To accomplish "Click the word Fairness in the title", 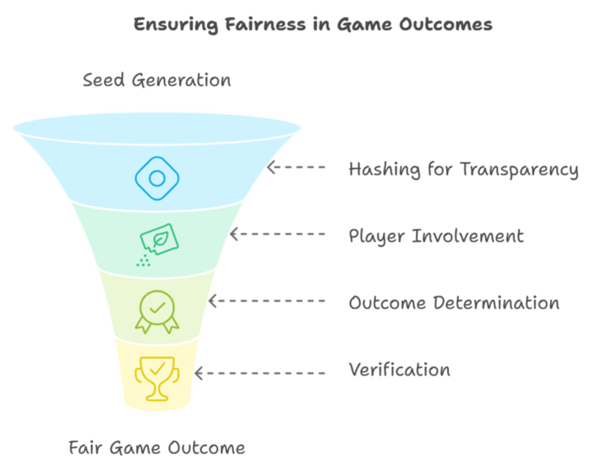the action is tap(265, 24).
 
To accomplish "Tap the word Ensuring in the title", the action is tap(176, 25).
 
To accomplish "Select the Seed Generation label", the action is tap(157, 80).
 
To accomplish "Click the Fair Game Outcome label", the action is tap(157, 447).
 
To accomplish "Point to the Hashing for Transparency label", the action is tap(464, 170).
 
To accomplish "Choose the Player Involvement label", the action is tap(436, 236).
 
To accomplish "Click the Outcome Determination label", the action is tap(454, 302).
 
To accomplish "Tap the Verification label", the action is tap(399, 369).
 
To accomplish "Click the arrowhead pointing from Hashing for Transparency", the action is tap(271, 167).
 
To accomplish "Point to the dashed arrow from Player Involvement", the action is tap(277, 234).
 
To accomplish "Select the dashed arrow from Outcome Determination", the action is tap(267, 301).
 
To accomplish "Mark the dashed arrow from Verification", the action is tap(260, 373).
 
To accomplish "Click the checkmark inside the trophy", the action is tap(158, 369).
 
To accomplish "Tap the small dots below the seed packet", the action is tap(144, 261).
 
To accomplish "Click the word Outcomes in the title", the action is tap(445, 24).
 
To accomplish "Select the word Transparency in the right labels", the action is tap(520, 170).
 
